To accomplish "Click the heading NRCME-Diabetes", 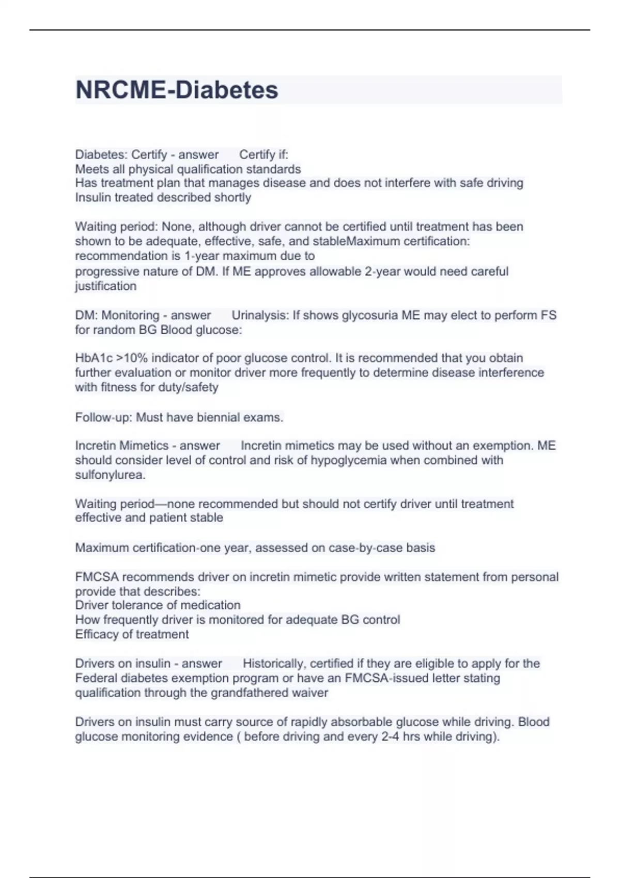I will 177,90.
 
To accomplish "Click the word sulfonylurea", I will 110,475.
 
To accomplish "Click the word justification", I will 105,286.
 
